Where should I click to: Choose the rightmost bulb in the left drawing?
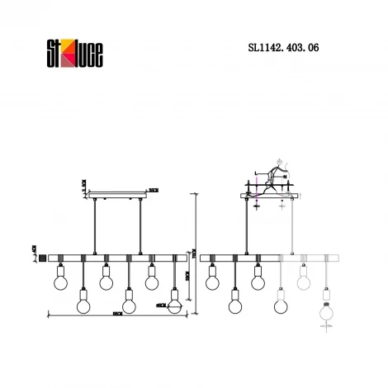pyautogui.click(x=174, y=299)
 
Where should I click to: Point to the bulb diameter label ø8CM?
pyautogui.click(x=161, y=305)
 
